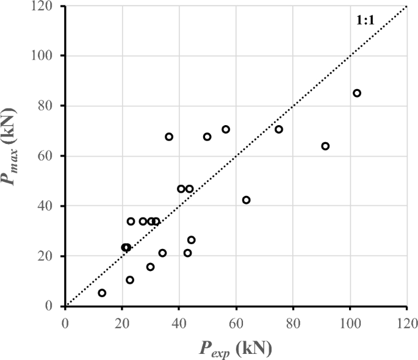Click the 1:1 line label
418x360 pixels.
[x=366, y=21]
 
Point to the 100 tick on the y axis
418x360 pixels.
[x=48, y=56]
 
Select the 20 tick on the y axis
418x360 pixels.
[x=48, y=256]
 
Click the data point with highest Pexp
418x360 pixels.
[x=357, y=93]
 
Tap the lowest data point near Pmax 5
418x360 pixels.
[x=102, y=293]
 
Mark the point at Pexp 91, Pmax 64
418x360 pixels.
[x=325, y=146]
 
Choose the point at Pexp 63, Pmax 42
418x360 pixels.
[x=246, y=200]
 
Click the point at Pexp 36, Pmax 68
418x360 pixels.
[x=169, y=137]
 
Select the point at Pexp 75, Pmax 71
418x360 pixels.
[x=279, y=129]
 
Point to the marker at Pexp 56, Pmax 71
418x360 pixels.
[x=226, y=129]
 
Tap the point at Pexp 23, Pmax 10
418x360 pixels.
[x=130, y=280]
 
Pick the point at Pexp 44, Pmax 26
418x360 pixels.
[x=192, y=240]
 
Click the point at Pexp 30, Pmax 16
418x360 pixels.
[x=150, y=267]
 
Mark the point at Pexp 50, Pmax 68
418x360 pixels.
[x=207, y=137]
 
